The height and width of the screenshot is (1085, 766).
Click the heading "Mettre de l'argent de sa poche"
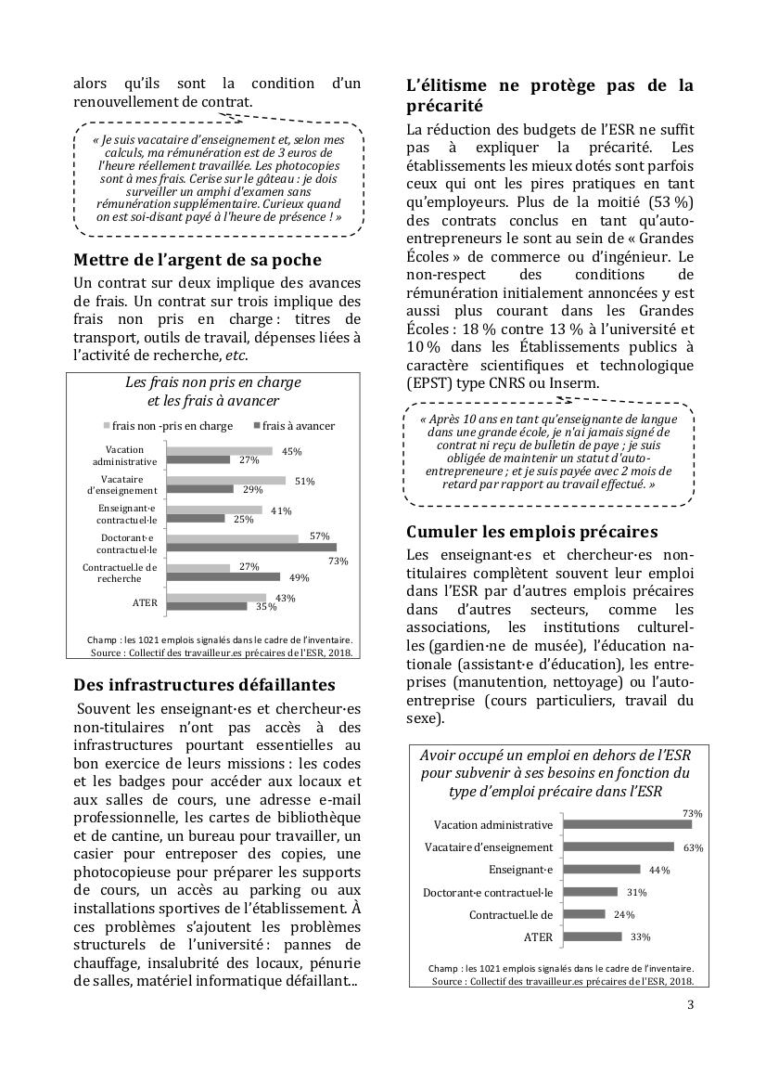pyautogui.click(x=198, y=259)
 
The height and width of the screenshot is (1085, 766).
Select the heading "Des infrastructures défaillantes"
pyautogui.click(x=204, y=685)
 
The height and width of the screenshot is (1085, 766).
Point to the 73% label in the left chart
pyautogui.click(x=338, y=562)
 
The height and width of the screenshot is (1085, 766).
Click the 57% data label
pyautogui.click(x=319, y=536)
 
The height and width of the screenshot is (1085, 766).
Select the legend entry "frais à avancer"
pyautogui.click(x=298, y=426)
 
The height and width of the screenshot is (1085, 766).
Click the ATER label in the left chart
pyautogui.click(x=145, y=603)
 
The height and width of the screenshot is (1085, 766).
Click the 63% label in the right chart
pyautogui.click(x=693, y=847)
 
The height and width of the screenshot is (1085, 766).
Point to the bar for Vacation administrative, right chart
pyautogui.click(x=628, y=824)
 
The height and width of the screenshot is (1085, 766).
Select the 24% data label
pyautogui.click(x=624, y=914)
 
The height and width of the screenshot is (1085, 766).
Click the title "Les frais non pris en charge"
pyautogui.click(x=212, y=382)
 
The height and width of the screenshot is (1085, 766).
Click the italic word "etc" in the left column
pyautogui.click(x=237, y=355)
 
